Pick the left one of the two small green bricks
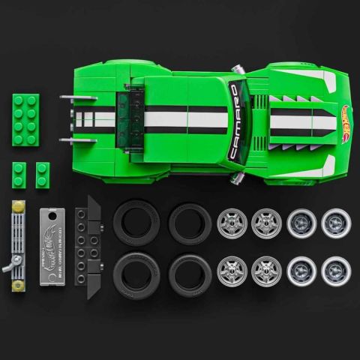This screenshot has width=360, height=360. pos(19,175)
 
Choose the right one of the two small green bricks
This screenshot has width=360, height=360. pos(42,175)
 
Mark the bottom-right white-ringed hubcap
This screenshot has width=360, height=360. pos(335,271)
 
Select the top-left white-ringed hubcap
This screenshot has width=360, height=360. pos(301,223)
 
